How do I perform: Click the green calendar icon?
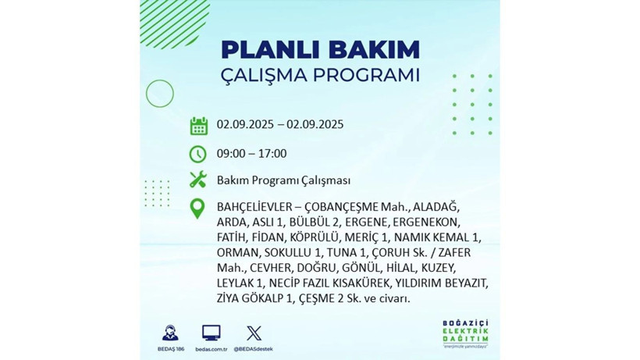(198, 126)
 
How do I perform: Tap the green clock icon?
(198, 154)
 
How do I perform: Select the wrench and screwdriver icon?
(198, 180)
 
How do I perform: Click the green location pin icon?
(198, 209)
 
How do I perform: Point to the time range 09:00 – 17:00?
(251, 154)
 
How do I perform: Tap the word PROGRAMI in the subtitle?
(366, 77)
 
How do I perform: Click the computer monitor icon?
(211, 333)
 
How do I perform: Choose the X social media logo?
(254, 333)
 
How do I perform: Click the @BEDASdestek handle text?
(254, 348)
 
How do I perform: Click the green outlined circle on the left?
(159, 94)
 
